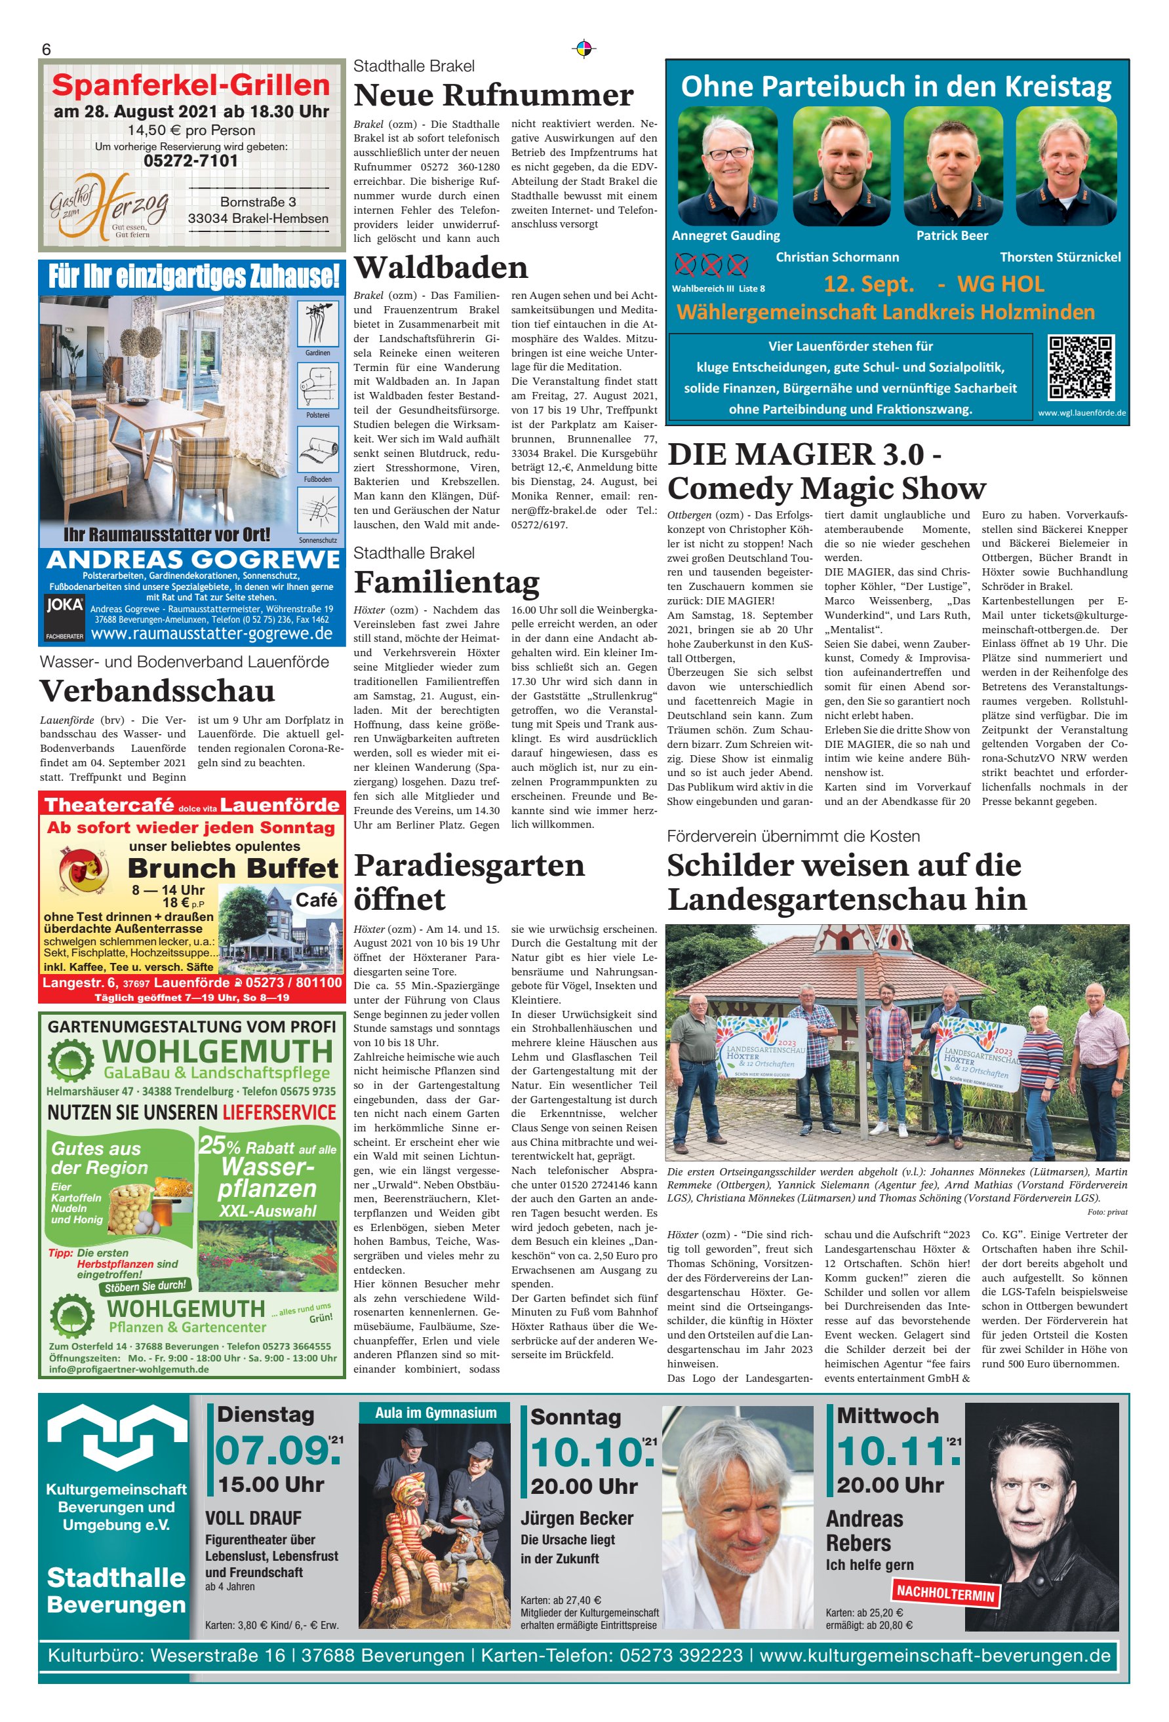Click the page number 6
46,50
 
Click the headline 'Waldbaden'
441,267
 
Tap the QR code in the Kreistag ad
1080,368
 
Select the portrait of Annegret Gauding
727,166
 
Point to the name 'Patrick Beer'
952,235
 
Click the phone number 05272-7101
191,161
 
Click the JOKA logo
64,604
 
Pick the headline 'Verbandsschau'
157,691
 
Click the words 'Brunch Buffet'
233,868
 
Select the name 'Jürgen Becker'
577,1518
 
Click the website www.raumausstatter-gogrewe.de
211,635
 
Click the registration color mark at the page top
584,49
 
